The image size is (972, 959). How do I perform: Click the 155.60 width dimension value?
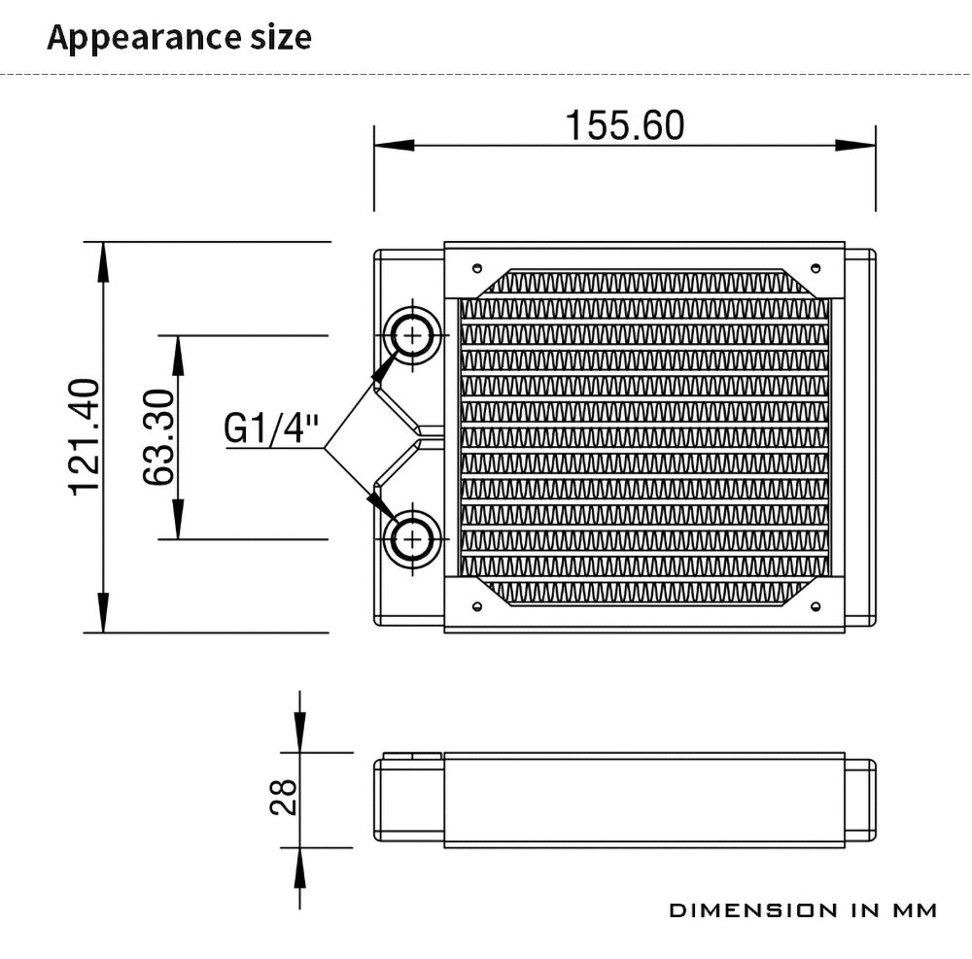tap(625, 125)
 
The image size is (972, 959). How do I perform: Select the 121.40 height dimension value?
tap(84, 437)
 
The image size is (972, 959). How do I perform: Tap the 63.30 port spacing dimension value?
tap(158, 437)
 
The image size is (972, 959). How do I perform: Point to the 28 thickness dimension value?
tap(284, 797)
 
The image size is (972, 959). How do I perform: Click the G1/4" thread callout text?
tap(271, 428)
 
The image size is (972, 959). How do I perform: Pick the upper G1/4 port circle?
tap(412, 335)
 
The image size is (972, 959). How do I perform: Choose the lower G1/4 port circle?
tap(412, 539)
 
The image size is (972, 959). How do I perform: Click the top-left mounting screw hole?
tap(476, 268)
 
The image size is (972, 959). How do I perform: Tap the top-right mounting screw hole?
tap(816, 268)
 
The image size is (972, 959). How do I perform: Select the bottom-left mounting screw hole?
tap(476, 606)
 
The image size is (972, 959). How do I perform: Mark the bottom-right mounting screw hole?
tap(816, 606)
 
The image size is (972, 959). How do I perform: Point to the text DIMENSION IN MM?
tap(803, 910)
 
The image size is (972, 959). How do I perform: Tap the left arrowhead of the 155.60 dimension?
tap(395, 146)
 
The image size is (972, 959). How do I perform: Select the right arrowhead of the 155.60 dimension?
tap(855, 146)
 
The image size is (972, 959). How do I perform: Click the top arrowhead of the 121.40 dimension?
tap(103, 262)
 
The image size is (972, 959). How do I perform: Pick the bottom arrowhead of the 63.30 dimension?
tap(178, 519)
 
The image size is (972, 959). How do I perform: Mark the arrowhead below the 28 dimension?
tap(300, 868)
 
